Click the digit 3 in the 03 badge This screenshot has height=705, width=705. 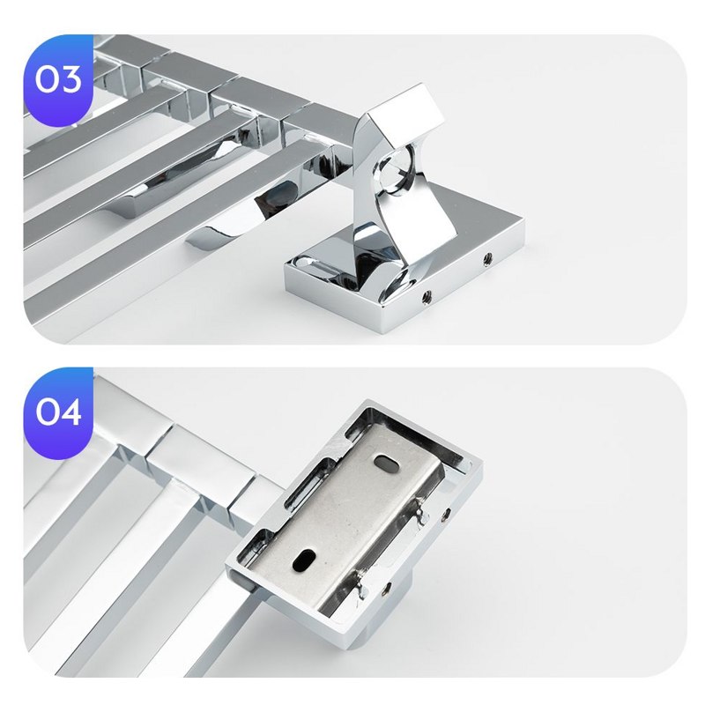[69, 79]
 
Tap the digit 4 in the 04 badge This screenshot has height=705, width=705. [69, 412]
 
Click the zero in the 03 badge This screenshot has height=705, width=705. [46, 79]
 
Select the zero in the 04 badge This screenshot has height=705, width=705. [46, 412]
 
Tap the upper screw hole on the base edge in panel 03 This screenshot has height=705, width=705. [486, 258]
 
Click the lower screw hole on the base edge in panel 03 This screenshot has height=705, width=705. [427, 296]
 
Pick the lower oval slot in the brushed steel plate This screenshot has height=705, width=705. [303, 560]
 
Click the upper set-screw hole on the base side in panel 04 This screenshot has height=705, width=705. [446, 513]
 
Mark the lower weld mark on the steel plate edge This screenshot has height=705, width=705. [363, 583]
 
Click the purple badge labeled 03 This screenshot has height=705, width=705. [58, 81]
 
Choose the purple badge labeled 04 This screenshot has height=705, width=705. [58, 412]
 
